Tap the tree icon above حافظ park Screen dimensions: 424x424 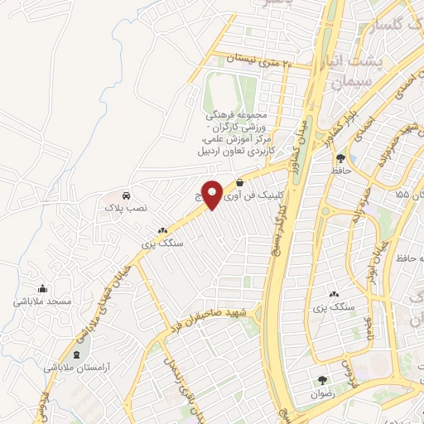coord(340,157)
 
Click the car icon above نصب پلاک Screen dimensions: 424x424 coord(125,195)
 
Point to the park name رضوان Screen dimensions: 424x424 coord(322,394)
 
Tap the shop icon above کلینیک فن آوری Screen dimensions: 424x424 coord(240,182)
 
